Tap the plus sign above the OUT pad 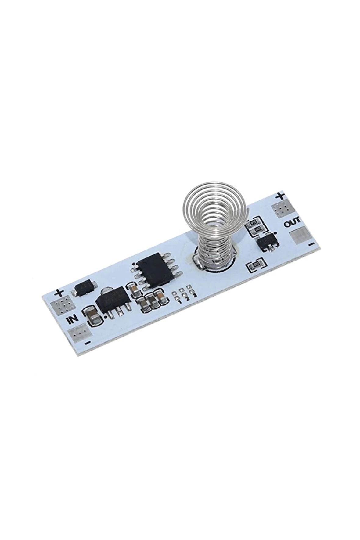(x=280, y=195)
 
